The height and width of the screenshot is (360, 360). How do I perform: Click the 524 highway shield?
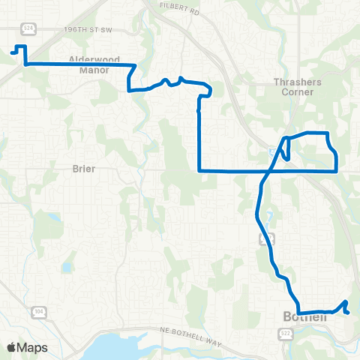[x=28, y=28]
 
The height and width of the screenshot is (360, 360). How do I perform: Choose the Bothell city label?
[x=305, y=316]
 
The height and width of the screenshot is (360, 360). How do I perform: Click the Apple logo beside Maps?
[x=12, y=347]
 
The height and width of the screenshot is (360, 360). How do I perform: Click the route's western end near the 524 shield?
[x=13, y=52]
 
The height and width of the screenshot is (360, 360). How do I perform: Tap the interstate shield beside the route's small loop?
[x=271, y=151]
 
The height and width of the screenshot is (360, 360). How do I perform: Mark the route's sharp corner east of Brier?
[x=199, y=171]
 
